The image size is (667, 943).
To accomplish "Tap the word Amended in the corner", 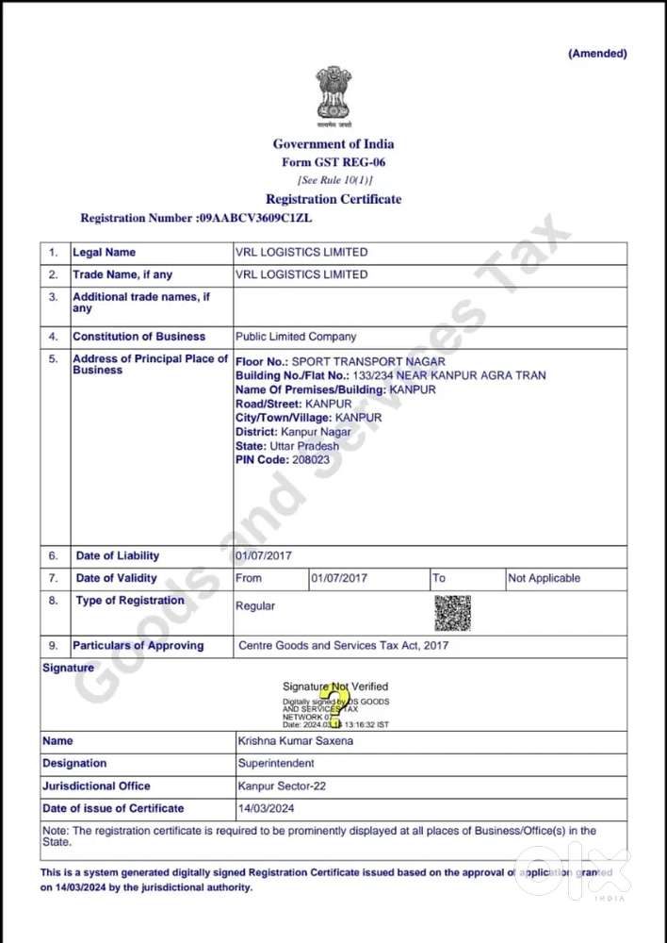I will tap(597, 54).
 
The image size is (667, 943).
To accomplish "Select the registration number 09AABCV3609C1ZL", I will tap(255, 218).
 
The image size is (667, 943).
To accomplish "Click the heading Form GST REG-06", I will tap(333, 162).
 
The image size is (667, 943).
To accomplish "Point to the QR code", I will tap(452, 612).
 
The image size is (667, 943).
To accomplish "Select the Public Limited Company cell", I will tap(296, 337).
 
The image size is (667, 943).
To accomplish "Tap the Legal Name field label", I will tap(104, 253).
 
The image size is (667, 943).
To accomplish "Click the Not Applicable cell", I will tap(544, 578).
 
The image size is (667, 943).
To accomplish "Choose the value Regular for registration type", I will tap(255, 606).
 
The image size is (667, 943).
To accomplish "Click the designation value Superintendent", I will tap(276, 764).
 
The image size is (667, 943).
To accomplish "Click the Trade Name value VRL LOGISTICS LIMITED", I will tap(301, 274).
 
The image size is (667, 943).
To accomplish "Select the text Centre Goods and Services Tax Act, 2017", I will tap(344, 646).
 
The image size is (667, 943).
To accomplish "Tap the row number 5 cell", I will tap(54, 359).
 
